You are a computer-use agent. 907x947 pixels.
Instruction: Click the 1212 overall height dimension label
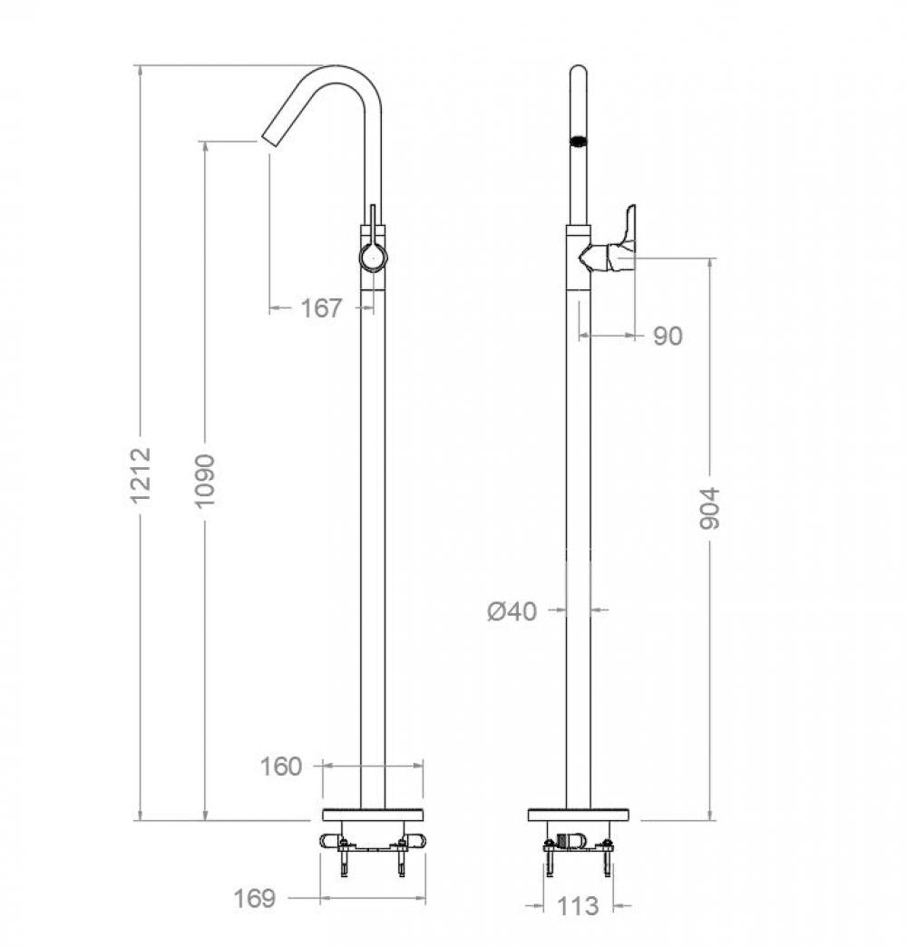pyautogui.click(x=140, y=474)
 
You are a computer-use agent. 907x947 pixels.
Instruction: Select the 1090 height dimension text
pyautogui.click(x=206, y=480)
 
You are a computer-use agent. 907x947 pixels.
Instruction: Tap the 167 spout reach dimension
pyautogui.click(x=321, y=308)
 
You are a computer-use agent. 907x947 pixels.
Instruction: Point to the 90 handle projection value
pyautogui.click(x=668, y=337)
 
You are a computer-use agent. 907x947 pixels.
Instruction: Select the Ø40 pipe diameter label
pyautogui.click(x=512, y=611)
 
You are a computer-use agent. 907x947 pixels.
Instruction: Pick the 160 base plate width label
pyautogui.click(x=281, y=766)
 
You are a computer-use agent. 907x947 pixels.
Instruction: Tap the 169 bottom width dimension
pyautogui.click(x=255, y=898)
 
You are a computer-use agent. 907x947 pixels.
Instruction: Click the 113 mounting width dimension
pyautogui.click(x=579, y=905)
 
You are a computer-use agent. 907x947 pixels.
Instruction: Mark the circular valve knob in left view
pyautogui.click(x=373, y=258)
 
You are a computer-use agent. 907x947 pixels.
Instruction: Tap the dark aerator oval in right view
pyautogui.click(x=578, y=141)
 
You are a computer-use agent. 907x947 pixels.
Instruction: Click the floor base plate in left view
pyautogui.click(x=373, y=814)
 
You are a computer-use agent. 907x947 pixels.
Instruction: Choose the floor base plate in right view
pyautogui.click(x=579, y=814)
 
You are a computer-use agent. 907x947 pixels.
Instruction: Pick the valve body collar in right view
pyautogui.click(x=577, y=258)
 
